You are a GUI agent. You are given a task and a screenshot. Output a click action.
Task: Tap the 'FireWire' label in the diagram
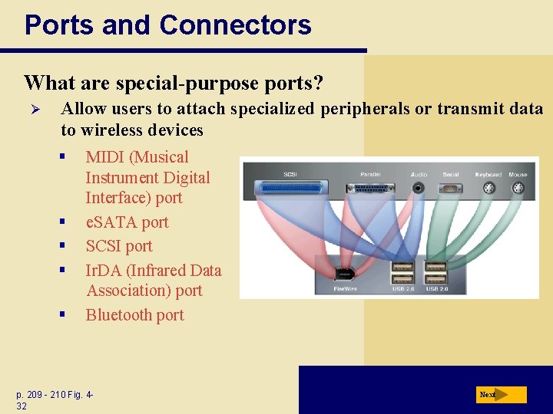[x=346, y=288]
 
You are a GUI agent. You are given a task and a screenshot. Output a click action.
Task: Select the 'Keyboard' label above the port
[x=488, y=175]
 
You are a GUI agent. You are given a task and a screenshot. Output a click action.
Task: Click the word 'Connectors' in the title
[x=235, y=25]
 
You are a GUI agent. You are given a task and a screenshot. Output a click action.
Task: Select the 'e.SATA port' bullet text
[x=127, y=222]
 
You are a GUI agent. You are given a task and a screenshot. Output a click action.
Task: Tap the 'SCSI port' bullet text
[x=119, y=246]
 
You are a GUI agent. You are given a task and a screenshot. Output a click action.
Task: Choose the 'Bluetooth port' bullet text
[x=134, y=315]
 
